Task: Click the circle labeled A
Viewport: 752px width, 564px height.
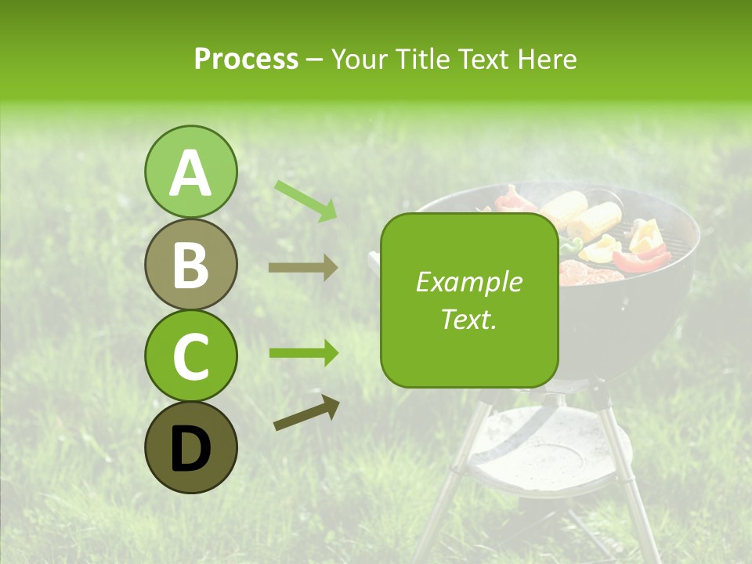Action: [x=190, y=172]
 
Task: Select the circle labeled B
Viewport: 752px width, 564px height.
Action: [x=190, y=264]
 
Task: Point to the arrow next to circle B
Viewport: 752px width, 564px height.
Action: [x=303, y=268]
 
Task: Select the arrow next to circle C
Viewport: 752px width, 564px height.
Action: [x=304, y=353]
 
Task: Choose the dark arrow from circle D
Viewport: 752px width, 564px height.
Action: [x=306, y=413]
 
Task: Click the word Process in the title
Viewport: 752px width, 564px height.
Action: [x=246, y=59]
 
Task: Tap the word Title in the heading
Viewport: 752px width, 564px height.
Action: [x=424, y=59]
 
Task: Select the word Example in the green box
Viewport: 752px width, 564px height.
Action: [x=468, y=282]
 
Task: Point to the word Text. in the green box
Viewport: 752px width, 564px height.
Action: [x=468, y=319]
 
